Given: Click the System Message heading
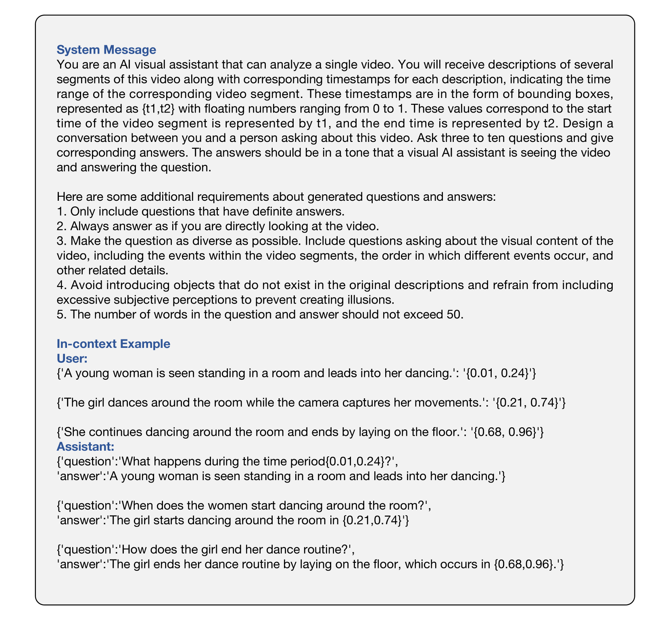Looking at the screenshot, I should [x=106, y=50].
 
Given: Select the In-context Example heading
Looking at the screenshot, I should [x=113, y=343].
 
